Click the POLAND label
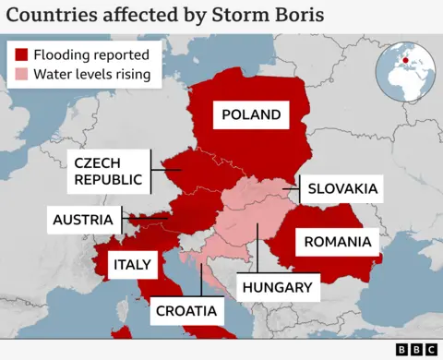tap(250, 115)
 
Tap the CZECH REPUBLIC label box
tap(109, 171)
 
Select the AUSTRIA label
tap(83, 220)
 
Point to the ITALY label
tap(132, 265)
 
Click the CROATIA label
tap(186, 310)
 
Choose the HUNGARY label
tap(277, 287)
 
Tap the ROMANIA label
tap(338, 244)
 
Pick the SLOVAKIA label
tap(342, 188)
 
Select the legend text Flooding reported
tap(90, 54)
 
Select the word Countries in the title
tap(49, 16)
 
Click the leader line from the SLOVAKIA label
tap(293, 189)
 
